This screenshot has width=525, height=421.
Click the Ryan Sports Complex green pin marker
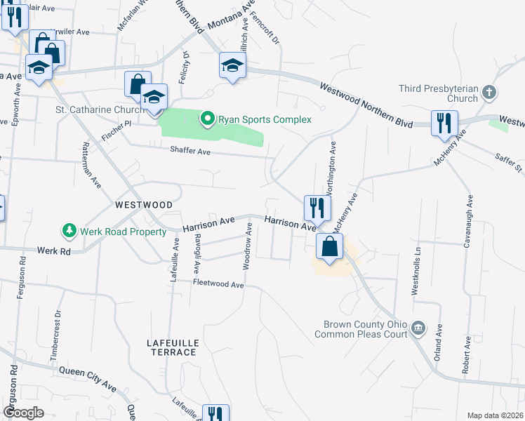pyautogui.click(x=207, y=119)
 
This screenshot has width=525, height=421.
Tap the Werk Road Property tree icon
pyautogui.click(x=69, y=230)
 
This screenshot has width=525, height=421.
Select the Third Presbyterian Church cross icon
pyautogui.click(x=490, y=92)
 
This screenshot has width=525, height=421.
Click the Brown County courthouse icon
pyautogui.click(x=418, y=328)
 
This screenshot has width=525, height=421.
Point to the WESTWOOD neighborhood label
pyautogui.click(x=144, y=204)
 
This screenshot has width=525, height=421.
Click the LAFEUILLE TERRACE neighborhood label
pyautogui.click(x=172, y=347)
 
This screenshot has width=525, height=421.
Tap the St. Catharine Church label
pyautogui.click(x=100, y=110)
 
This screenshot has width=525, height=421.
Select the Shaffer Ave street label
pyautogui.click(x=190, y=150)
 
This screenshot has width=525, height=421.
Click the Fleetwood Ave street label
pyautogui.click(x=218, y=284)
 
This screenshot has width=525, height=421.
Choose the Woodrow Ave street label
pyautogui.click(x=247, y=246)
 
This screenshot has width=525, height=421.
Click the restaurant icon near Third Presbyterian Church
pyautogui.click(x=444, y=123)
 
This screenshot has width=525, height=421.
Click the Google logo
pyautogui.click(x=23, y=413)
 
